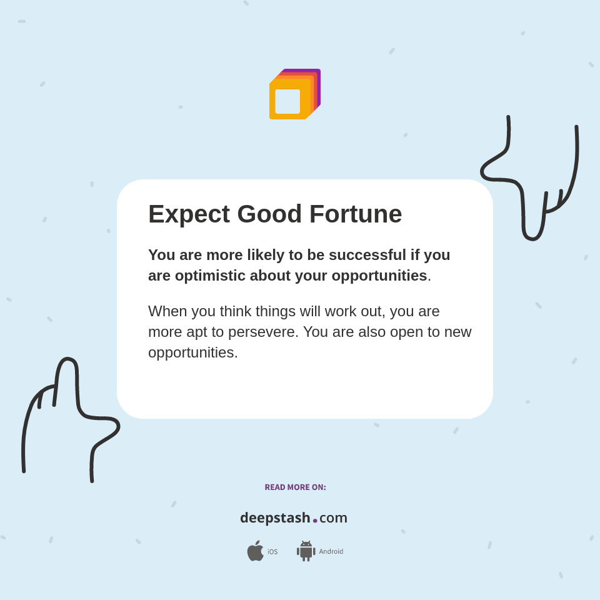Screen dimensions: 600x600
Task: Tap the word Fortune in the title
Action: pyautogui.click(x=356, y=214)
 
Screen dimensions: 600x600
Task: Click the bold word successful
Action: pyautogui.click(x=367, y=255)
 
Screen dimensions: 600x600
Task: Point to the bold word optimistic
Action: pyautogui.click(x=209, y=276)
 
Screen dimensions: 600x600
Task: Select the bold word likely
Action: pyautogui.click(x=266, y=255)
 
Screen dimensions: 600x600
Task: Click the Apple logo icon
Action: pyautogui.click(x=255, y=551)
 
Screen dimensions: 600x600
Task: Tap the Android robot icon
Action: pyautogui.click(x=306, y=551)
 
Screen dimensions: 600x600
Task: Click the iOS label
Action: pyautogui.click(x=272, y=552)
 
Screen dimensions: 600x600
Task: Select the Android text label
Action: pyautogui.click(x=331, y=551)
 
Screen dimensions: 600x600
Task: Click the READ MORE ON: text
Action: pyautogui.click(x=295, y=487)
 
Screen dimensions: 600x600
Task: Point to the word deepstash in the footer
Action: pyautogui.click(x=275, y=518)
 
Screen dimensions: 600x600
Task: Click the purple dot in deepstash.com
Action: pyautogui.click(x=315, y=521)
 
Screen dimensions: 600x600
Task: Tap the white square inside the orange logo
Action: pyautogui.click(x=287, y=101)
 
